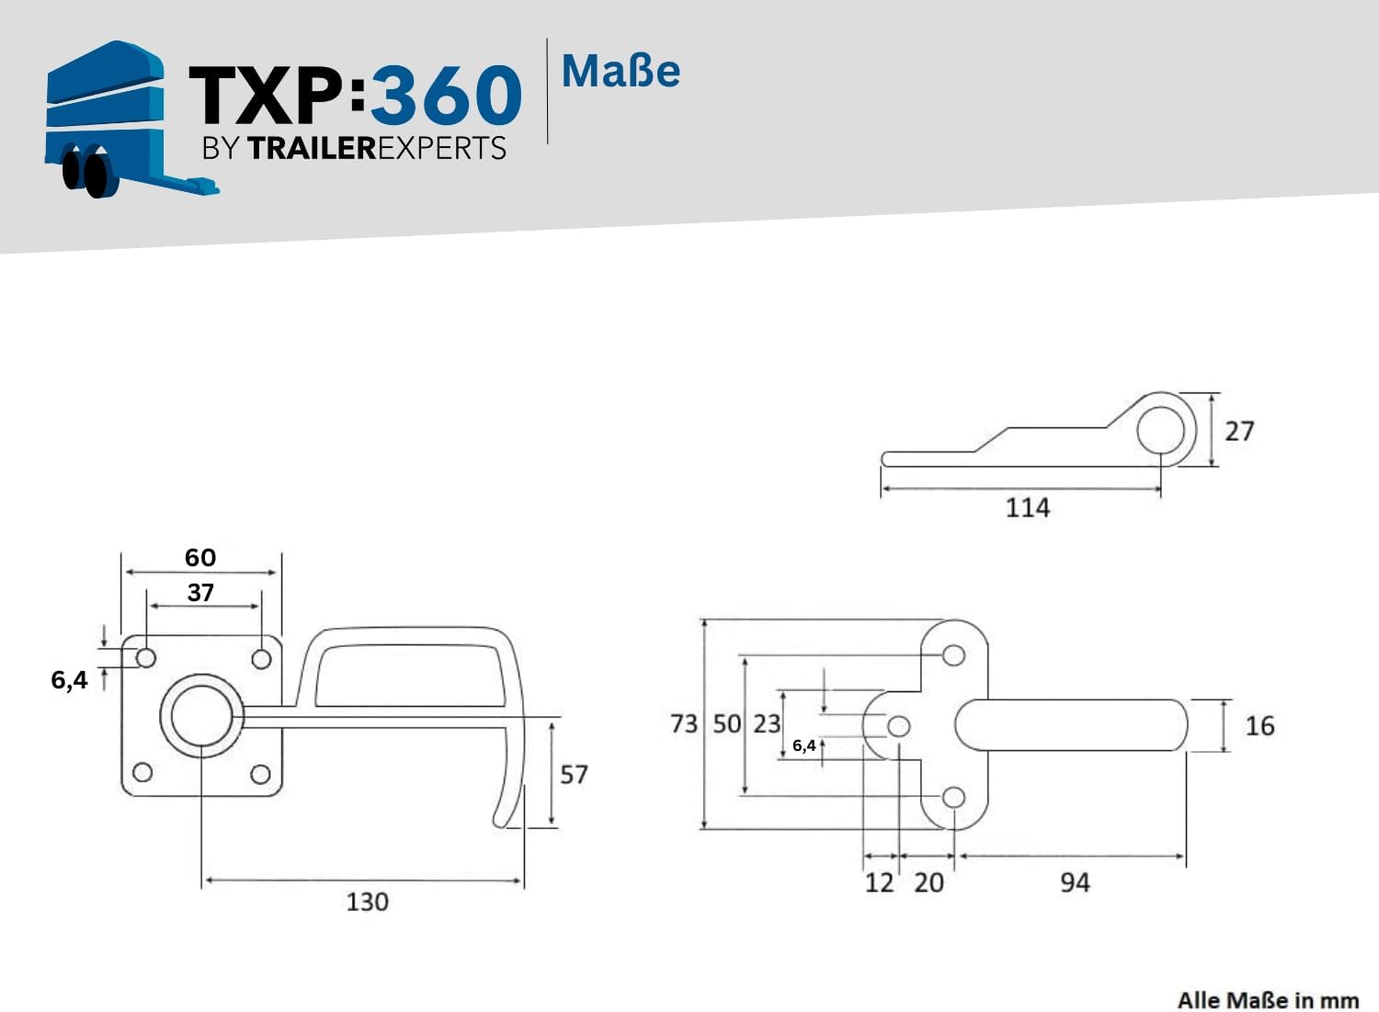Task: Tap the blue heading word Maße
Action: tap(621, 72)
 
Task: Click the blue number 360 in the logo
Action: tap(446, 95)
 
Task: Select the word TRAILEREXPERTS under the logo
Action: tap(377, 148)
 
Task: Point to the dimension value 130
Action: tap(368, 902)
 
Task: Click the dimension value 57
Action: tap(574, 774)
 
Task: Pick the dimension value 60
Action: tap(200, 558)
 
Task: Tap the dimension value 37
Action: tap(200, 592)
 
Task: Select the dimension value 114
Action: tap(1028, 508)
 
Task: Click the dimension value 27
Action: tap(1239, 431)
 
